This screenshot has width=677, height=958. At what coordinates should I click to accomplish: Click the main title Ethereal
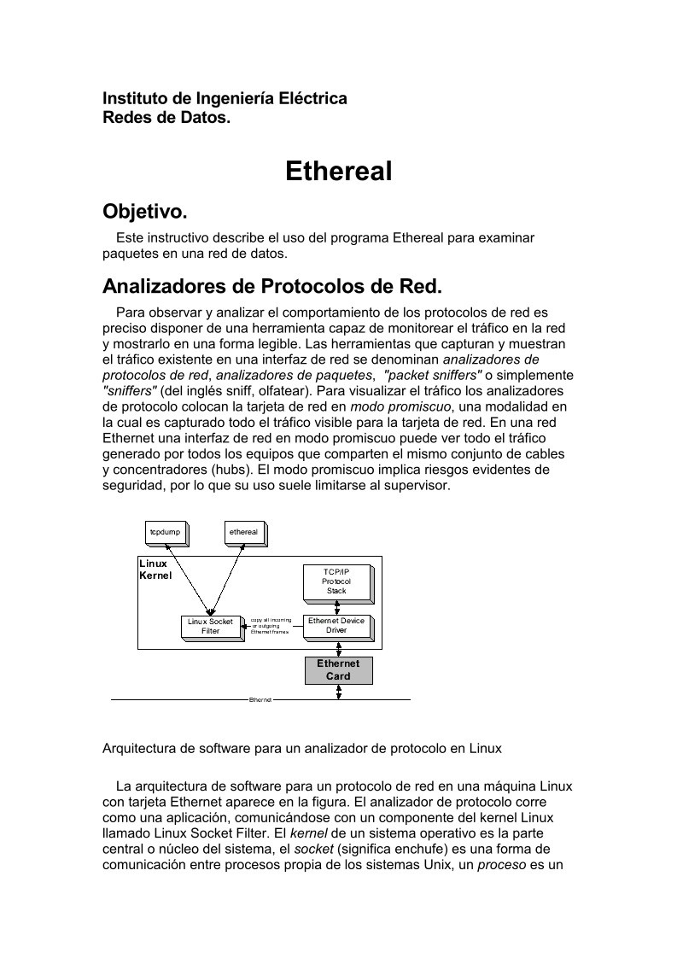tap(338, 171)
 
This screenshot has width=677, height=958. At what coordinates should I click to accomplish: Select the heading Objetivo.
tap(144, 211)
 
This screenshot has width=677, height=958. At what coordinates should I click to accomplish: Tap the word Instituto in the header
tap(134, 98)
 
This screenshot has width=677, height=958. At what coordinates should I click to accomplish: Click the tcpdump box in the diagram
tap(166, 532)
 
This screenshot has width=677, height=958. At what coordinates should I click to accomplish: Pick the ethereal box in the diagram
tap(244, 532)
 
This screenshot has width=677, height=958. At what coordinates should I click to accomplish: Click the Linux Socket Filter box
tap(211, 627)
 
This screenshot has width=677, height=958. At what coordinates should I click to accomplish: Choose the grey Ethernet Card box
tap(338, 669)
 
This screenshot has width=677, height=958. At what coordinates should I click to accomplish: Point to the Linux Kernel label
tap(155, 570)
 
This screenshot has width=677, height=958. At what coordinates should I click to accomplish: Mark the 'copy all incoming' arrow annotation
tap(271, 626)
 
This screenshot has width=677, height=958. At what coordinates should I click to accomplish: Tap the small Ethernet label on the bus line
tap(260, 700)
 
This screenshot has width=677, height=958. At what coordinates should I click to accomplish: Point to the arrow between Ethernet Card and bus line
tap(339, 692)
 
